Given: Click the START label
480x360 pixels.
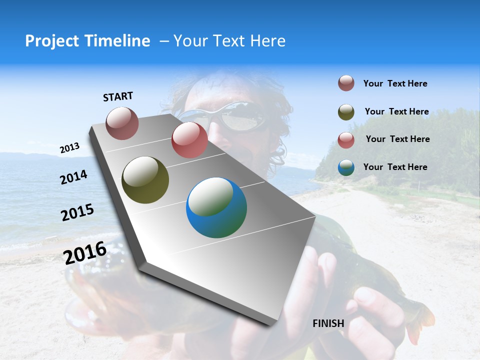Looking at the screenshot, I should tap(118, 96).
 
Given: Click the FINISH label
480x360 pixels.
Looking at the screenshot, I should tap(328, 323).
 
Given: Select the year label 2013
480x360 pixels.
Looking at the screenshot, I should tap(69, 148).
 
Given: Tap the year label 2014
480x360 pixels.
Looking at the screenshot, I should tap(74, 177).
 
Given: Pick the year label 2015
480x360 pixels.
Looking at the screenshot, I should tap(77, 212).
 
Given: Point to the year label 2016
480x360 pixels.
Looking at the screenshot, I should tap(85, 253).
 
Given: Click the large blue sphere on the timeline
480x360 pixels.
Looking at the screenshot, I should tap(216, 207).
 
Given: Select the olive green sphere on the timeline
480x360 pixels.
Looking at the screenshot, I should tap(145, 180).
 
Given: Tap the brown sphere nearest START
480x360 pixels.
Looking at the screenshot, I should tap(122, 123).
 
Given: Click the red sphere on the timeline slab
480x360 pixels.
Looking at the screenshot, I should tap(189, 140).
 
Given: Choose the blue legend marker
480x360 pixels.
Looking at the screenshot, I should tap(346, 167).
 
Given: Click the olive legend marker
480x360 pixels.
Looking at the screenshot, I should tap(346, 112).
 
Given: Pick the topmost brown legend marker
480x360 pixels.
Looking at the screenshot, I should tap(346, 83).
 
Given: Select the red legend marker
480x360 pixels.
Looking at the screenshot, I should tap(346, 139).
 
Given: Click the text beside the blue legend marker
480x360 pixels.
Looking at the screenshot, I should tap(395, 167).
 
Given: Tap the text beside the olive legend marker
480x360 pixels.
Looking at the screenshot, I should tap(396, 111).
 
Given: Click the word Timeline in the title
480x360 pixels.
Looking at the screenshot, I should tap(119, 41).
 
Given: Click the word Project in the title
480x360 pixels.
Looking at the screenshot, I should tap(51, 41).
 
